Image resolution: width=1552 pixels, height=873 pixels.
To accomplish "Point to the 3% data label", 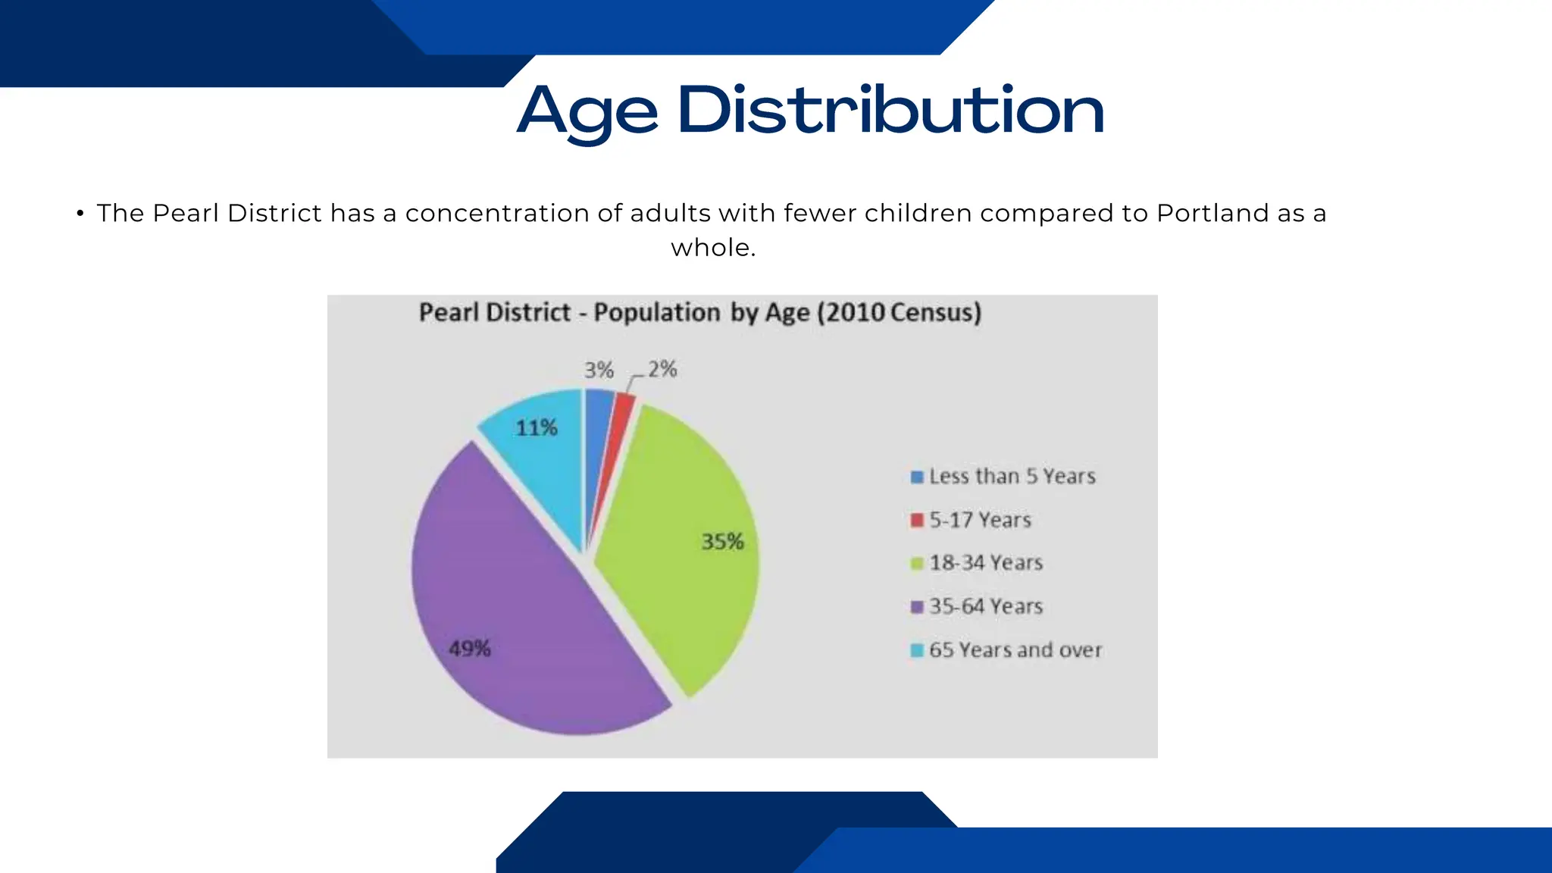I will [x=598, y=370].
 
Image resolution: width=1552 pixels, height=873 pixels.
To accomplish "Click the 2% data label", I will [x=662, y=369].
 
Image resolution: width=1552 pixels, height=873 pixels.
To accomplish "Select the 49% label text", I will [x=470, y=649].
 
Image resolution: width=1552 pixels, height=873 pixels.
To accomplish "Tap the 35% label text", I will [x=722, y=542].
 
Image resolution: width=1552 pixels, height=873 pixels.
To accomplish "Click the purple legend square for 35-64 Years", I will [x=917, y=607].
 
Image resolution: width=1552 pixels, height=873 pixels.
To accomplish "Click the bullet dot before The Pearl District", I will [x=80, y=214].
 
